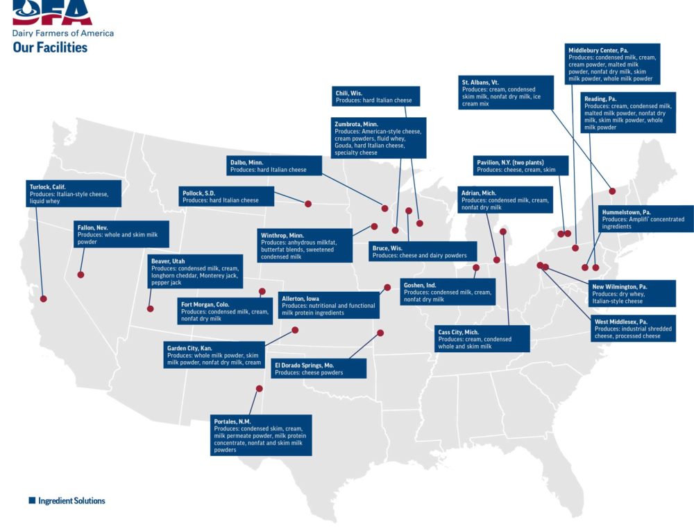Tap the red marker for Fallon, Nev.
(81, 275)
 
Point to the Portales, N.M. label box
(261, 435)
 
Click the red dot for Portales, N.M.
(259, 389)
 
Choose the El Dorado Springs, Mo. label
(318, 369)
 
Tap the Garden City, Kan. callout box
(215, 355)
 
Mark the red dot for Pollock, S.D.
(308, 204)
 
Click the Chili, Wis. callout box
(375, 96)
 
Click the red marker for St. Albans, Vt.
(612, 191)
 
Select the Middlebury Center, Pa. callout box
(613, 64)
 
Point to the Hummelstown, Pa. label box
(645, 218)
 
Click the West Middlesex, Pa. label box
(633, 329)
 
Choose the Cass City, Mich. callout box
(482, 338)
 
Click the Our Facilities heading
(50, 47)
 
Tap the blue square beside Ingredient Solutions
(31, 500)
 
